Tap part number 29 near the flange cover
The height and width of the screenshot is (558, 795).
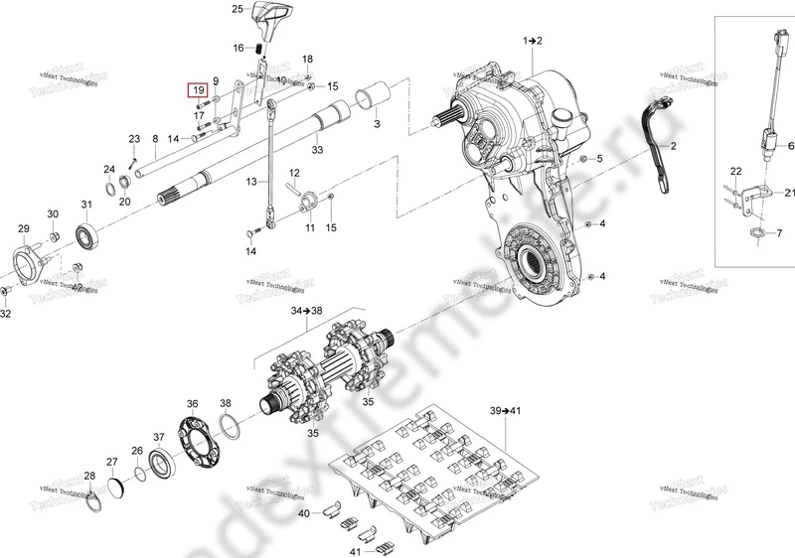point(24,230)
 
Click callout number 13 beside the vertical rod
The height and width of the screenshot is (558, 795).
point(251,181)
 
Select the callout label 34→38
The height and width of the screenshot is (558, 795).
point(307,311)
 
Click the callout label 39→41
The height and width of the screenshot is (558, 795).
point(507,409)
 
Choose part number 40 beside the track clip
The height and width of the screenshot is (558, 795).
point(305,513)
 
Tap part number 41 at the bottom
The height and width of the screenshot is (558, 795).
point(328,550)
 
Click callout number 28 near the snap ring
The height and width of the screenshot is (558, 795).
point(89,478)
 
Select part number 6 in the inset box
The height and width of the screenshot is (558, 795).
point(791,146)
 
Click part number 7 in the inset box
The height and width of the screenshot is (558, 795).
point(780,233)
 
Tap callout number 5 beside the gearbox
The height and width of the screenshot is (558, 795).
point(599,160)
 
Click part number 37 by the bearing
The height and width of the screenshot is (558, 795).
point(159,438)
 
